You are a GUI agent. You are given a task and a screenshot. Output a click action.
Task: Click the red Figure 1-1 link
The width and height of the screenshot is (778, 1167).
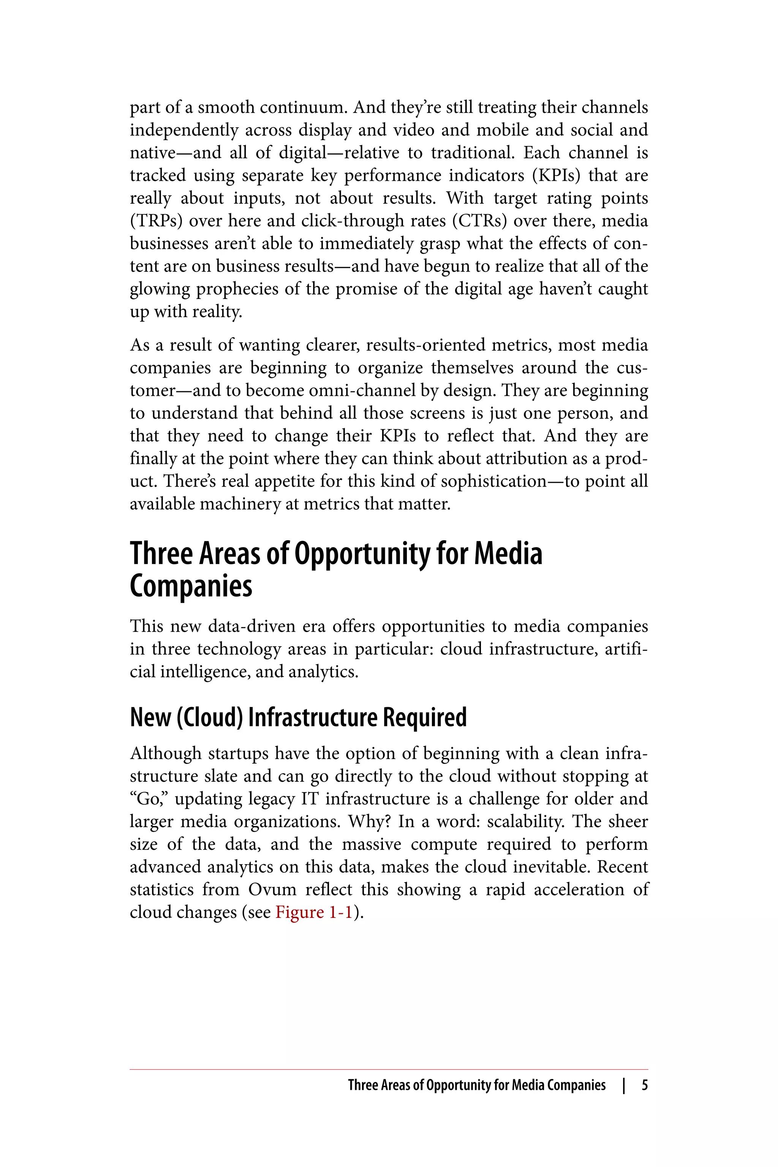pos(313,912)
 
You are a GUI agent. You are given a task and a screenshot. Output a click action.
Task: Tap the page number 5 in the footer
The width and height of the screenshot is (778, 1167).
pos(645,1085)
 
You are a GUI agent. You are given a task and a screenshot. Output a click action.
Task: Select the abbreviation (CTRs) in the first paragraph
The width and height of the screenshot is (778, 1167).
pos(479,221)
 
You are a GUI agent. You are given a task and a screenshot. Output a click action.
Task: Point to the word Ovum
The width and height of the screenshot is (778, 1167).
pos(272,890)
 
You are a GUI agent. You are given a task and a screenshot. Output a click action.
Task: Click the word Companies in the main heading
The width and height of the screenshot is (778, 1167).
pos(191,586)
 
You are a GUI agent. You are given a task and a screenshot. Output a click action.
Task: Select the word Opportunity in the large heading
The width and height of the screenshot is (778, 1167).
pos(363,554)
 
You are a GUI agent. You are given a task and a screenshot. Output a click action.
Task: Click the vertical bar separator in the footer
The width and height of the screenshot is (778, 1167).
pos(624,1085)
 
